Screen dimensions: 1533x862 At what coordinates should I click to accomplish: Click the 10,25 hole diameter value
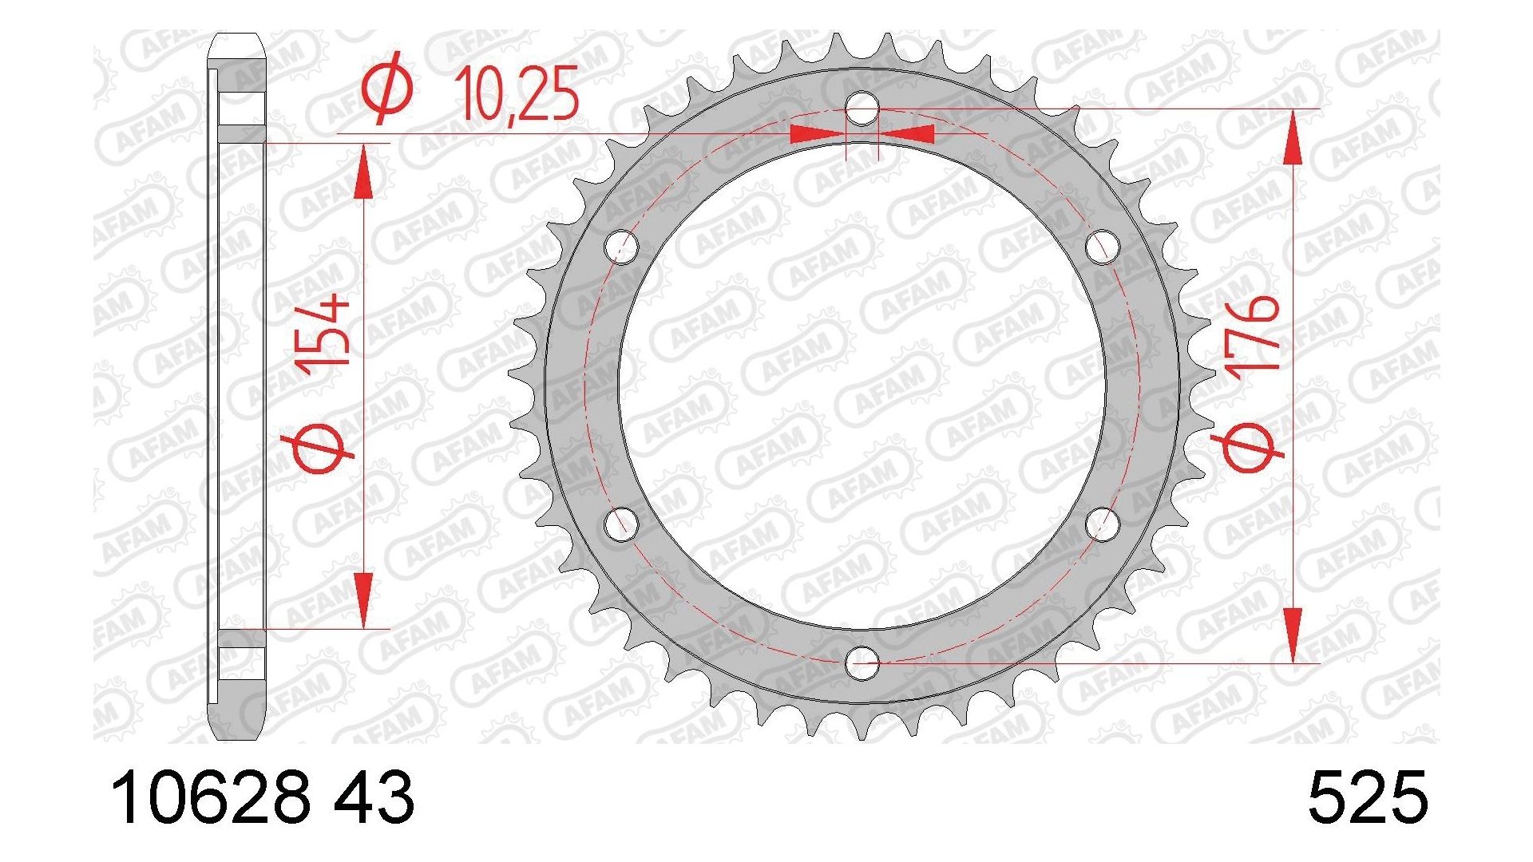tap(517, 95)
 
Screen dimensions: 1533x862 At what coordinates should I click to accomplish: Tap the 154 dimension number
tap(324, 330)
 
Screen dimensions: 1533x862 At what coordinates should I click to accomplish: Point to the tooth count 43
tap(373, 797)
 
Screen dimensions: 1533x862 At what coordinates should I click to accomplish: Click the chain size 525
tap(1367, 797)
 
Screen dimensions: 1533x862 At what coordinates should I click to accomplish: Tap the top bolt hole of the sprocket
tap(862, 109)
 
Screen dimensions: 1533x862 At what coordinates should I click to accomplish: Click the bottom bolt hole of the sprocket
tap(862, 662)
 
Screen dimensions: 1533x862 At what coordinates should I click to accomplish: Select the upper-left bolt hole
tap(622, 247)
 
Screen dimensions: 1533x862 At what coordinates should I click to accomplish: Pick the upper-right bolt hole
tap(1103, 247)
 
